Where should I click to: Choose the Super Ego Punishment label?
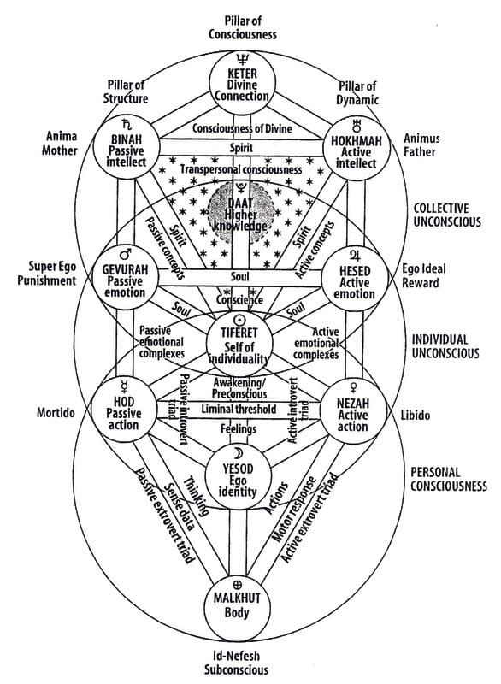pos(47,272)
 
